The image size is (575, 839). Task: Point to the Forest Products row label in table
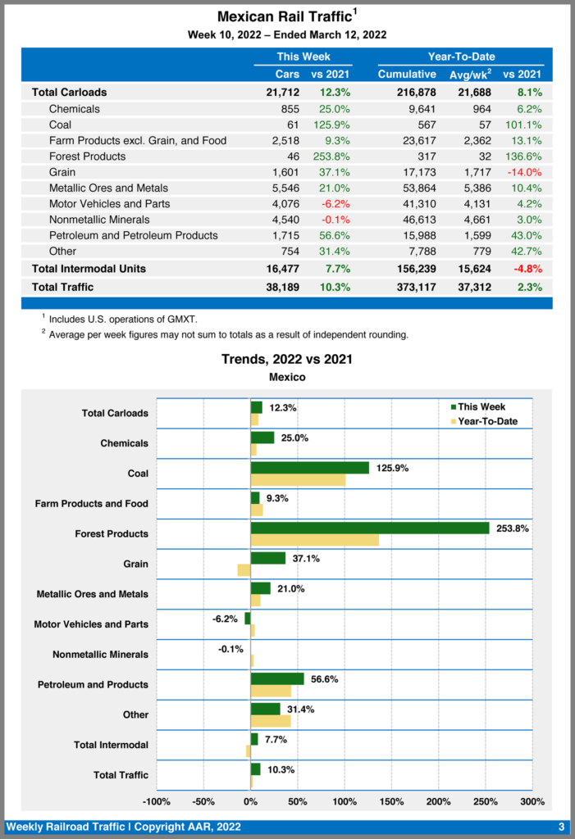point(87,156)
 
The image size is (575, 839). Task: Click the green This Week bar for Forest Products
point(369,528)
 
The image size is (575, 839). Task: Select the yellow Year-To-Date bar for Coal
point(298,479)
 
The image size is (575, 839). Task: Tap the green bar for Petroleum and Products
point(277,678)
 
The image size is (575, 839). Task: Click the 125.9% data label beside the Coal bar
point(392,469)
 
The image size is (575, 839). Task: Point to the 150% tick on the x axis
point(391,800)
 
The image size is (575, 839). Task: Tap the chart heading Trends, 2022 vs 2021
point(287,360)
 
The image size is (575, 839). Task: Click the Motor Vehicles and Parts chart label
point(91,624)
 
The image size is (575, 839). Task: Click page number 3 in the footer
point(561,826)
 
